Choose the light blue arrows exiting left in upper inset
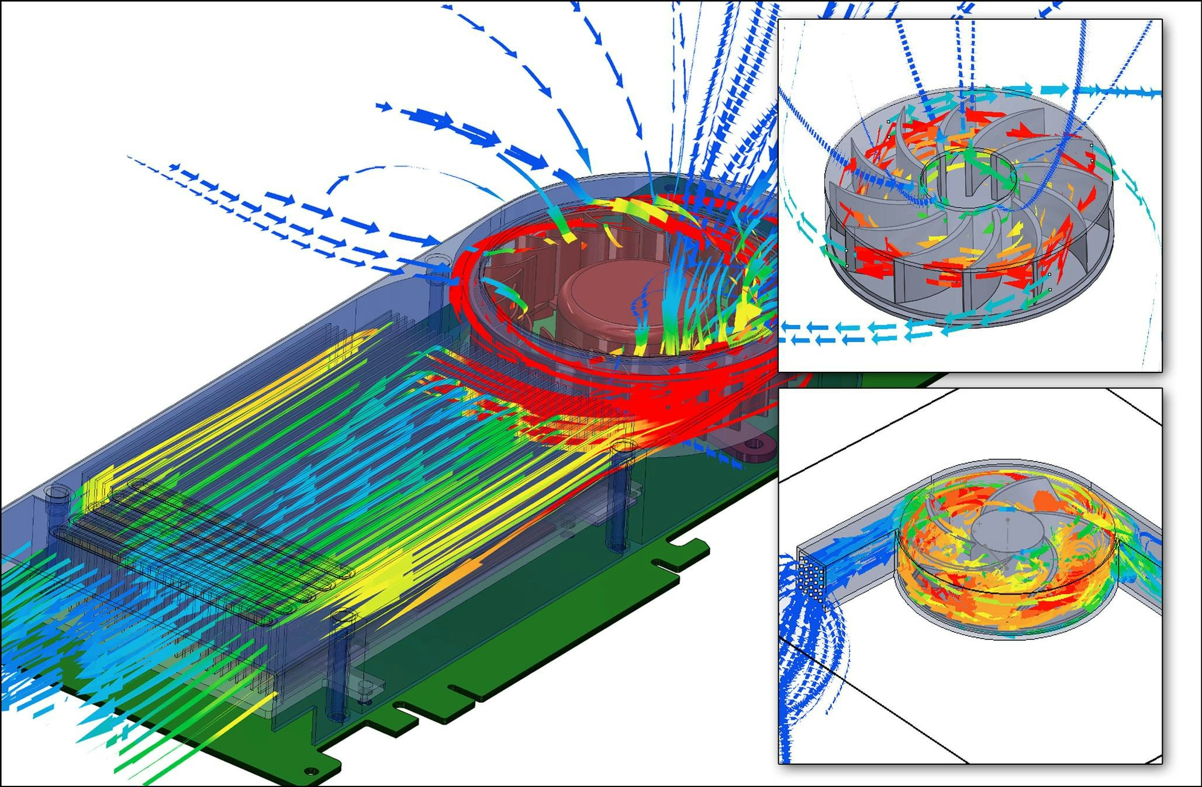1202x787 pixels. [x=848, y=333]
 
